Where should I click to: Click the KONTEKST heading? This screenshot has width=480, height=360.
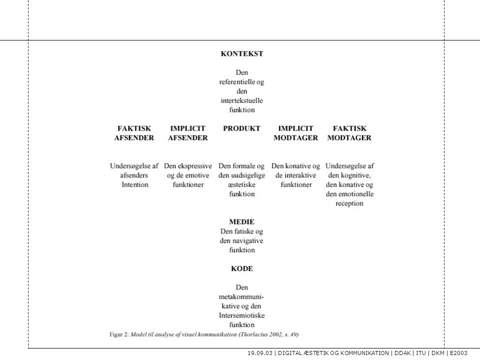point(242,53)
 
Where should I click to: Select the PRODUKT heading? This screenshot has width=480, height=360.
point(241,128)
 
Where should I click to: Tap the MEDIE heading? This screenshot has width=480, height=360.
point(241,221)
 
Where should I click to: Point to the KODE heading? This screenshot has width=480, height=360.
point(242,268)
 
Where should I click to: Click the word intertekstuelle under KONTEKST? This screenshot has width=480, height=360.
point(242,100)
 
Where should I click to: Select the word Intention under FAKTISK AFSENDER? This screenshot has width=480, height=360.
point(135,184)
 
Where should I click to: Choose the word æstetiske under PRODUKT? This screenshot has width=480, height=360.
point(241,184)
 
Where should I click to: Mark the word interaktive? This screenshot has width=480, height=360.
point(299,175)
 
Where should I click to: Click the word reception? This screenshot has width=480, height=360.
point(349,203)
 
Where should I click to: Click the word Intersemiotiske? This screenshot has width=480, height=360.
point(241,315)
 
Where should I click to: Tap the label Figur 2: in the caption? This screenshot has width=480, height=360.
point(119,334)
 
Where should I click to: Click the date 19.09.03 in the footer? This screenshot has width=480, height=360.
point(260,353)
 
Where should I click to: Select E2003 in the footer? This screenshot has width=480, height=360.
point(458,353)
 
